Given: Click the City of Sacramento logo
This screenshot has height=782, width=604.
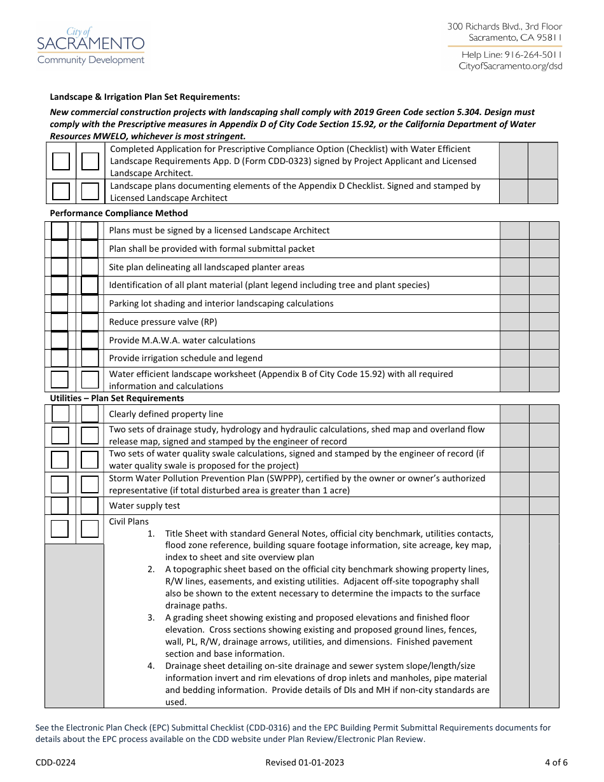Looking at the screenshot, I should click(x=91, y=46).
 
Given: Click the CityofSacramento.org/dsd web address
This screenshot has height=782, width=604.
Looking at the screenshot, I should click(x=511, y=66).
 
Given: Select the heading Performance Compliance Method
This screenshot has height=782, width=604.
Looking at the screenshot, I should click(x=119, y=213).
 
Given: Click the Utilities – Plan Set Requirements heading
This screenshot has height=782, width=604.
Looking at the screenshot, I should click(x=117, y=398).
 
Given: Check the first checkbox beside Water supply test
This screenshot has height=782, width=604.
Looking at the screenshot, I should click(x=60, y=505).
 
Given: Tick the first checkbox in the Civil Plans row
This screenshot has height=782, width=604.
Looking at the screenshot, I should click(x=60, y=529).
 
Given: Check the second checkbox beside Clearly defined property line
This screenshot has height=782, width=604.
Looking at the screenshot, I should click(x=90, y=414).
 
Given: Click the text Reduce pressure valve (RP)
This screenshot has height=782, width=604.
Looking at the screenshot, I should click(x=163, y=322).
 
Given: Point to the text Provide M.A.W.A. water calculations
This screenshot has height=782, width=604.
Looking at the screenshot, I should click(x=182, y=340).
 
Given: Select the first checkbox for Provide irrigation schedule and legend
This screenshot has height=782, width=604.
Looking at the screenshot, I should click(x=60, y=358).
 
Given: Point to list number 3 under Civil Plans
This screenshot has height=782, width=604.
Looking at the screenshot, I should click(x=151, y=617).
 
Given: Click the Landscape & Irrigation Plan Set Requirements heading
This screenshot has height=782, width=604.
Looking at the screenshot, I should click(x=145, y=97).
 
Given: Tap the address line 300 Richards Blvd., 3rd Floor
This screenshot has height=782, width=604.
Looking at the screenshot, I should click(x=505, y=26).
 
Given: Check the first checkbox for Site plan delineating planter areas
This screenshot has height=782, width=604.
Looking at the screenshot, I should click(x=60, y=267).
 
